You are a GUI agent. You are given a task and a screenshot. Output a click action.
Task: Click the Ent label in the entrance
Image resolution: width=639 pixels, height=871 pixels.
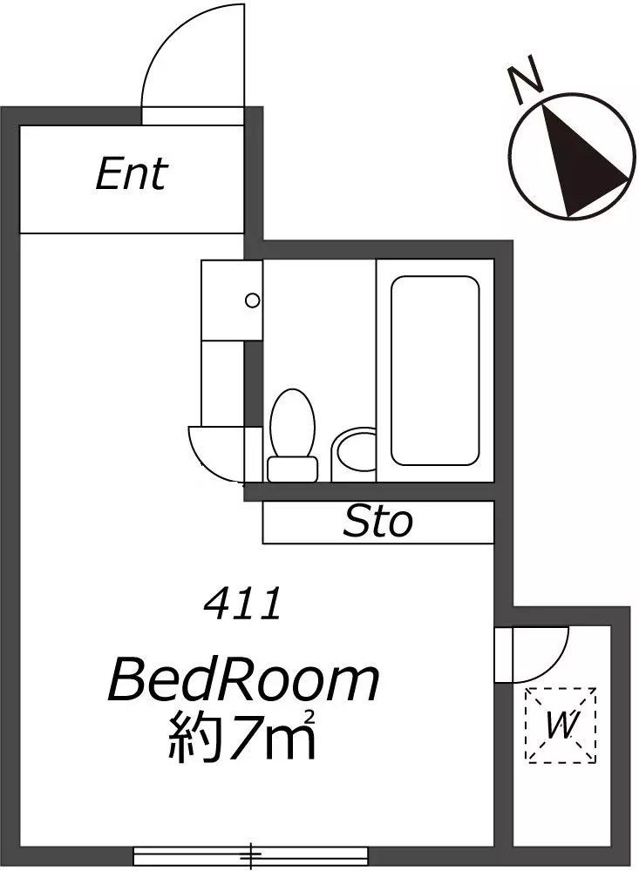click(x=132, y=174)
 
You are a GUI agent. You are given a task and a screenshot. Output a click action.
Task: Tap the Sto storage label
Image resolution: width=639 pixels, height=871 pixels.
click(x=378, y=522)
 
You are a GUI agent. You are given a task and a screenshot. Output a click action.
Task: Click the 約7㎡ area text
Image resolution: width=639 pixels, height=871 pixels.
click(x=242, y=736)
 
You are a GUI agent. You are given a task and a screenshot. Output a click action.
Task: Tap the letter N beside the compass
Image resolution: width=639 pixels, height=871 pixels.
click(x=525, y=79)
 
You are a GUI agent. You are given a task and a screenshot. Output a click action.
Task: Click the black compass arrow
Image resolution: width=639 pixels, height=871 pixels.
click(x=584, y=161)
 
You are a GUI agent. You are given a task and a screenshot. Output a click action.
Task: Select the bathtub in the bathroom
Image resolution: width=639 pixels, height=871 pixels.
click(x=435, y=370)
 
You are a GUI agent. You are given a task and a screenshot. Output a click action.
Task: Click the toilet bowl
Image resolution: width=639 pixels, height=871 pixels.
click(x=292, y=422)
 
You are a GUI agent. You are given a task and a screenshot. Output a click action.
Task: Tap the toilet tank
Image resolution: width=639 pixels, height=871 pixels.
click(x=293, y=469)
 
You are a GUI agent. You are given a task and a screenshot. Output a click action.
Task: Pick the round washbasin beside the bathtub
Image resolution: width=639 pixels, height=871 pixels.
click(x=354, y=455)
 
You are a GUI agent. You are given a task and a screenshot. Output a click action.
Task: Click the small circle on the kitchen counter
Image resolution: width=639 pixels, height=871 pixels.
click(x=253, y=300)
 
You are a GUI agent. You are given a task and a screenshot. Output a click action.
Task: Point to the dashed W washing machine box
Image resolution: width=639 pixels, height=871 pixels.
click(x=561, y=725)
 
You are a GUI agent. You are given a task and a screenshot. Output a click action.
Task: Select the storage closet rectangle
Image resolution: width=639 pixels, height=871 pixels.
click(x=378, y=522)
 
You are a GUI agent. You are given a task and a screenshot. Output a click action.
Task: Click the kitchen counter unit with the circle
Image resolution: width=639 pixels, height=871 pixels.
click(x=232, y=300)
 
